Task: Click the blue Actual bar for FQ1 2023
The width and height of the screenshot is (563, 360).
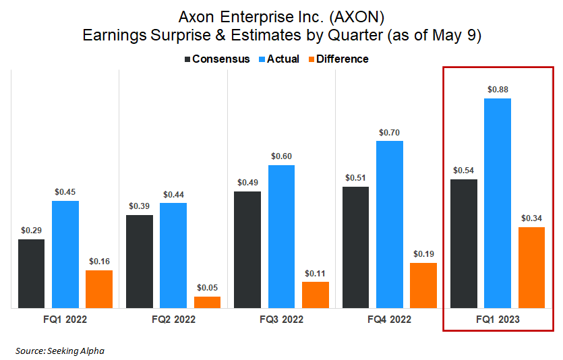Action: [497, 203]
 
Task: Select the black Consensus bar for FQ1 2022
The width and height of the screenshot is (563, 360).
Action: [31, 273]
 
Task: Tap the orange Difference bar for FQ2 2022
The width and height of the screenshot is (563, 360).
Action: [207, 302]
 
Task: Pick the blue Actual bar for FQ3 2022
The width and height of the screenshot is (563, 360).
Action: [281, 236]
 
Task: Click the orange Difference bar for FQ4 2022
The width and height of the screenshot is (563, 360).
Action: [423, 285]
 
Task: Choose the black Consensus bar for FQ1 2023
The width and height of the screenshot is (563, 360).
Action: [463, 243]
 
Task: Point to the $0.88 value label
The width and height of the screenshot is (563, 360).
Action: [497, 89]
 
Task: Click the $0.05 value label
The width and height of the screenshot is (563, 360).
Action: [207, 288]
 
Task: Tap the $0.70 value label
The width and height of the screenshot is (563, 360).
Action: [389, 132]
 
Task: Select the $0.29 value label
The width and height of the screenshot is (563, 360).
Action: [31, 230]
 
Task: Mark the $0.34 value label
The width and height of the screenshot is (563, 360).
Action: [531, 218]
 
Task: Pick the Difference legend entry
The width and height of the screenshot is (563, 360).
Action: [336, 59]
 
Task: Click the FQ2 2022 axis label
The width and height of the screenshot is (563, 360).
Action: [173, 319]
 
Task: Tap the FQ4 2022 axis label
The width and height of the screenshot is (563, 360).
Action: [389, 319]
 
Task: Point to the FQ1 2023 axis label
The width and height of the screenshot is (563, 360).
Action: [497, 319]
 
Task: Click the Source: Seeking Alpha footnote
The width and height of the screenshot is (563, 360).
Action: [60, 351]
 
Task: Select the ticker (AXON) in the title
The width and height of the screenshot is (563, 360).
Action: [356, 15]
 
